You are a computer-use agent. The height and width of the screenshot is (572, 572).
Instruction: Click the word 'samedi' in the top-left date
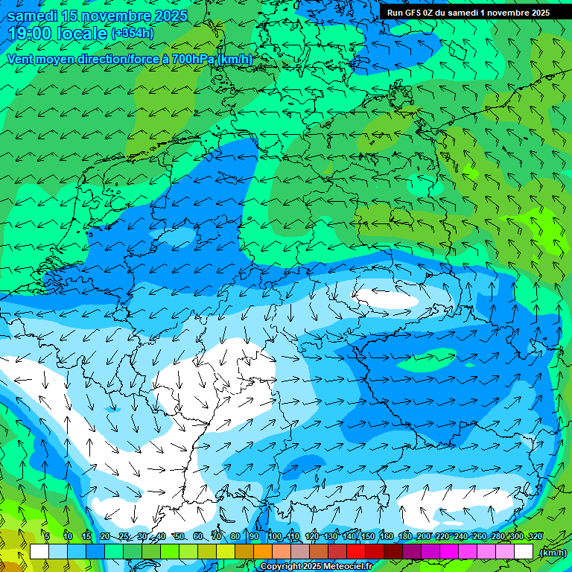point(32,16)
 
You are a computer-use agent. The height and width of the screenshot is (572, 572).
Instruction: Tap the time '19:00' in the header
point(30,34)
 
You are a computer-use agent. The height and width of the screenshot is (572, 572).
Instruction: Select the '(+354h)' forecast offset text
point(133,33)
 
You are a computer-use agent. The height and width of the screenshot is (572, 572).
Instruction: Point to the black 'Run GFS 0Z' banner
point(468,12)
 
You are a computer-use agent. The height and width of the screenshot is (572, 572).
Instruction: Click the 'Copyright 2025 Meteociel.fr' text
point(316,567)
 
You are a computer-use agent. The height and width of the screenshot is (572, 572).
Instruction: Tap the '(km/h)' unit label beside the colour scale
point(553,553)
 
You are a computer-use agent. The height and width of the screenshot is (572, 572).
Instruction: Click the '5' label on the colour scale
point(46,536)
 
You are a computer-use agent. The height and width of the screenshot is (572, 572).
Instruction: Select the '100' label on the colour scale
point(275,536)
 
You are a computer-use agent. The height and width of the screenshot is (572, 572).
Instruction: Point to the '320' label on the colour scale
point(535,536)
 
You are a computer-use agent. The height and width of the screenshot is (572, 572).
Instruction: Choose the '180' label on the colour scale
point(404,536)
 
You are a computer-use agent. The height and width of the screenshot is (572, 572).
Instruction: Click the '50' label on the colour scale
point(179,536)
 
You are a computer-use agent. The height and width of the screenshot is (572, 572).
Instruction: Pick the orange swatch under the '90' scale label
point(262,552)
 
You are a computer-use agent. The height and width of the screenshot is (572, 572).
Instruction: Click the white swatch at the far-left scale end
point(39,552)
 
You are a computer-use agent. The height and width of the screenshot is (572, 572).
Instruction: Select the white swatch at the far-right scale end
point(524,552)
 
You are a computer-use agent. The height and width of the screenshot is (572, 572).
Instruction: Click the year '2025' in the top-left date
point(166,16)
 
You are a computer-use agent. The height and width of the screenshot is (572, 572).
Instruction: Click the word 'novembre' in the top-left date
point(113,16)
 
